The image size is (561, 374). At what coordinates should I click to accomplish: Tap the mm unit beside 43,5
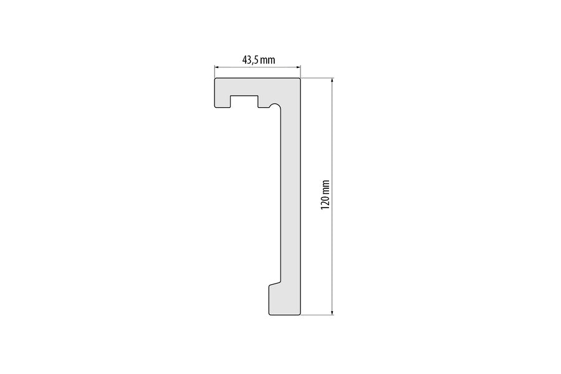click(268, 60)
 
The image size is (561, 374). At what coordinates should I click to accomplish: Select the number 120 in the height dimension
click(324, 201)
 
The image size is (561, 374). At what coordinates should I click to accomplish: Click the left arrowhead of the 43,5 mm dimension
click(217, 67)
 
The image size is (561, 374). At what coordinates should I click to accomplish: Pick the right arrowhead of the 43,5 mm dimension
click(299, 67)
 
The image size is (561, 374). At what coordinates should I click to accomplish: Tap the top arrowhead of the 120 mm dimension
click(332, 80)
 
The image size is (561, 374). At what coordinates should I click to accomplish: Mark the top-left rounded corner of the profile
click(216, 80)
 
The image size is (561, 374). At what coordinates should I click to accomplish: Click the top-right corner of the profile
click(300, 79)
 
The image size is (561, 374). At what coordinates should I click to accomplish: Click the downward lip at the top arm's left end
click(221, 103)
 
